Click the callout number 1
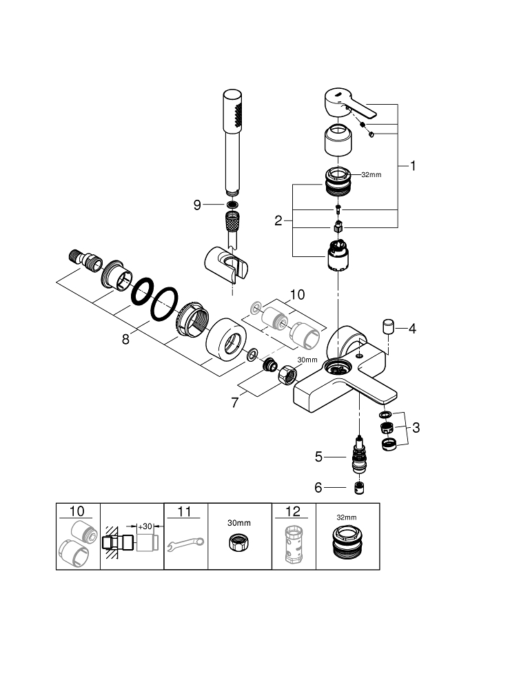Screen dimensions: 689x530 point(414,165)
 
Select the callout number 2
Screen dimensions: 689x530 point(278,220)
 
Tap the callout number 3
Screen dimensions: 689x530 point(416,427)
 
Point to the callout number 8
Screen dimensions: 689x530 point(125,339)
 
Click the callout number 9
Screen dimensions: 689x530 point(197,205)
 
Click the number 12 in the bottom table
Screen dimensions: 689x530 point(294,511)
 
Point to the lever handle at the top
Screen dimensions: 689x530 point(349,103)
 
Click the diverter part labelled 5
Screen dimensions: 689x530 point(358,455)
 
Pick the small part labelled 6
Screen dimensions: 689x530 point(358,488)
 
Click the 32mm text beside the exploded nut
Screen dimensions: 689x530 point(371,175)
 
